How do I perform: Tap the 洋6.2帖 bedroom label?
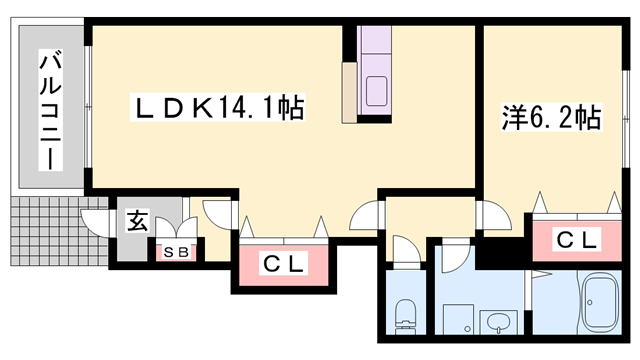pyautogui.click(x=550, y=119)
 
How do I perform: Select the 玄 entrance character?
pyautogui.click(x=136, y=221)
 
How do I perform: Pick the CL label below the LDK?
pyautogui.click(x=283, y=264)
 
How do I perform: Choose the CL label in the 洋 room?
pyautogui.click(x=577, y=240)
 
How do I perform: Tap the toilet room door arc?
pyautogui.click(x=405, y=250)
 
